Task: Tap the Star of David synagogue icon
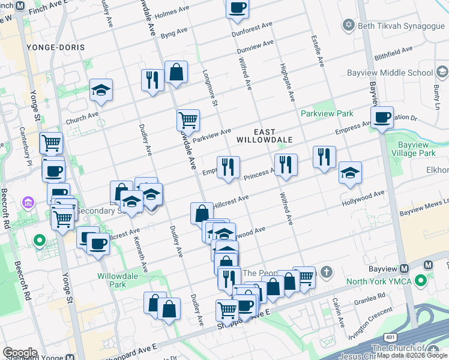(348, 25)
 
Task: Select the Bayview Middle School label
(390, 73)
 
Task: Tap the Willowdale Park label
(114, 281)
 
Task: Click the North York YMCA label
(377, 280)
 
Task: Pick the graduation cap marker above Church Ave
(101, 90)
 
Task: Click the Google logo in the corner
(20, 353)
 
